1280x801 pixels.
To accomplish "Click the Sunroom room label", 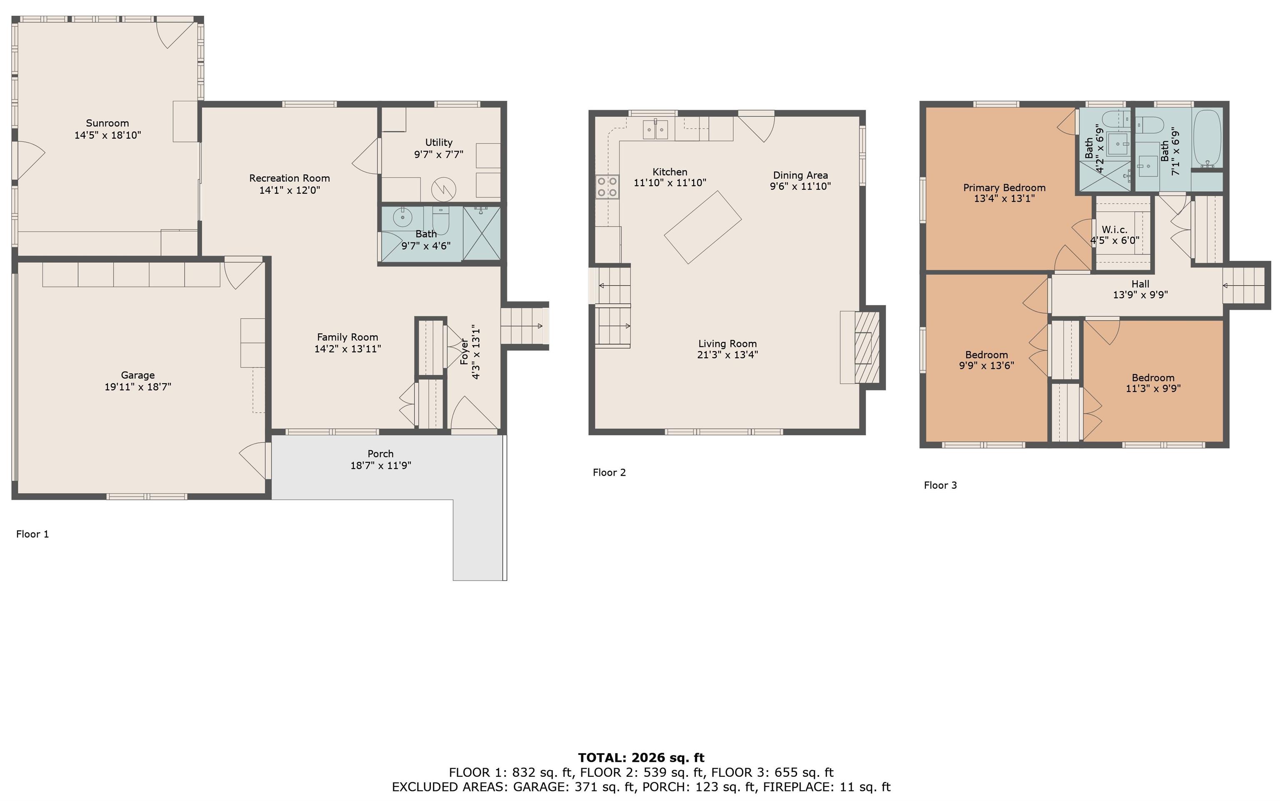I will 107,123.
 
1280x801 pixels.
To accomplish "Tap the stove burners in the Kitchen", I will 607,187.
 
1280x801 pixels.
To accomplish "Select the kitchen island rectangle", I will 702,227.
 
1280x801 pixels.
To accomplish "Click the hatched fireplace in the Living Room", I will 867,347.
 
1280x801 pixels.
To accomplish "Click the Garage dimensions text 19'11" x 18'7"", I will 138,387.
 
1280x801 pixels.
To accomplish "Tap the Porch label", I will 380,454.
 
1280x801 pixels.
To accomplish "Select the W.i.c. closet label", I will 1115,230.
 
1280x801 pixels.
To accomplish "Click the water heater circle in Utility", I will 443,189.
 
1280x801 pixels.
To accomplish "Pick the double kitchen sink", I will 655,129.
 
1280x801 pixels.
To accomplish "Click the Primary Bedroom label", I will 1004,187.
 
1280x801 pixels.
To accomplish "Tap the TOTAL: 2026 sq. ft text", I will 641,758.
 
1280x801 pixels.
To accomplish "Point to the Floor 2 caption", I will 609,472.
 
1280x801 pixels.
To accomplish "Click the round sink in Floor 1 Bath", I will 402,217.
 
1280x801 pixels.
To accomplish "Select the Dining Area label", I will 800,175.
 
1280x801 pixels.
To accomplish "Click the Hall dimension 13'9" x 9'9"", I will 1140,294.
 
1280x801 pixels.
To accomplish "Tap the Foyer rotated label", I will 465,351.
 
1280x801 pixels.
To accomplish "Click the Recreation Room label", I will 289,178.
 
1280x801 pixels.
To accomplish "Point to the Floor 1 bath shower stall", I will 482,234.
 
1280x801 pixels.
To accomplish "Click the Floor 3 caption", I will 940,485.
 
